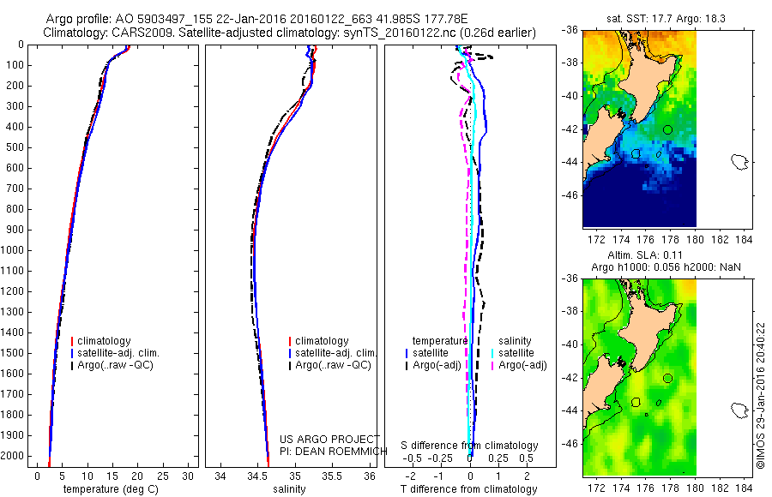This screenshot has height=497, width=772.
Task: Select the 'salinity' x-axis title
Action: coord(288,489)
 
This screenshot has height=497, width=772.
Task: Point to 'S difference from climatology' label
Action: coord(470,446)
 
